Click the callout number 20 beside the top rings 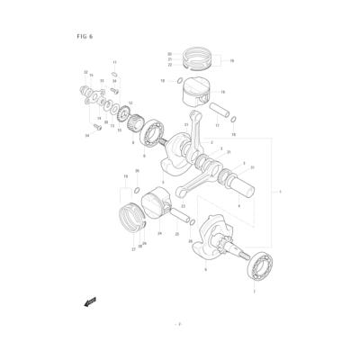click(x=169, y=55)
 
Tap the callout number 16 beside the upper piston click(x=222, y=92)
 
